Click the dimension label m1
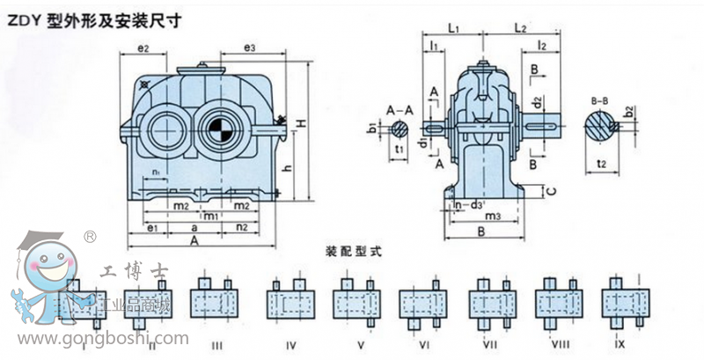[210, 216]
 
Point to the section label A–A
[400, 109]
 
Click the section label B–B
[601, 101]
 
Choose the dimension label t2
[603, 164]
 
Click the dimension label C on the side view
[549, 191]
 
